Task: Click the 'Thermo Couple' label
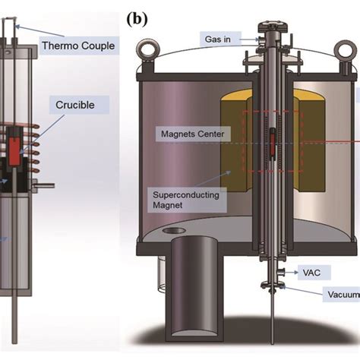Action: [78, 46]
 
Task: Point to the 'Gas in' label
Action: [219, 37]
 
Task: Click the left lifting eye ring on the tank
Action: [147, 49]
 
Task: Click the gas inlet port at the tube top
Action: [261, 38]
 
